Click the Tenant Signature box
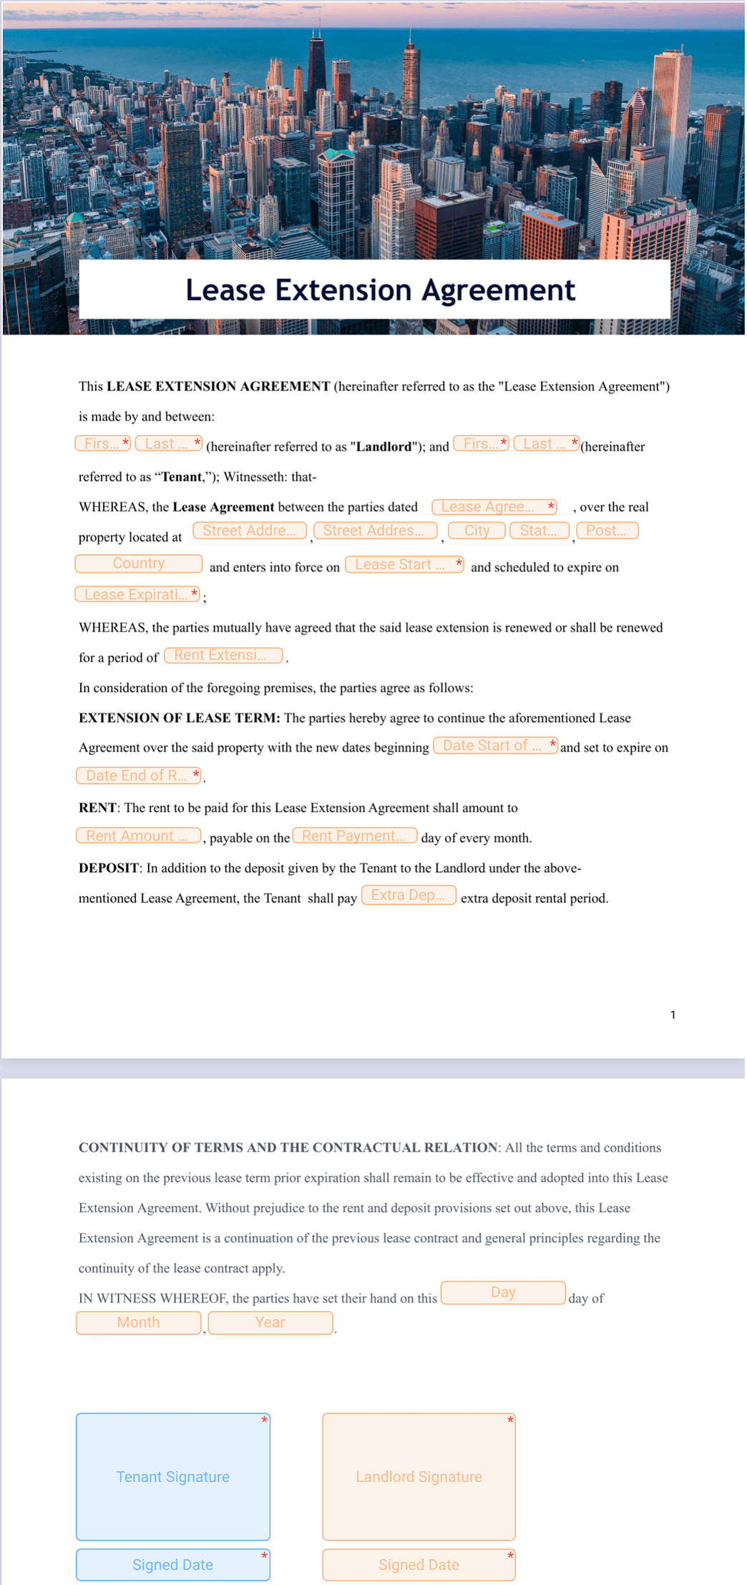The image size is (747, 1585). coord(173,1476)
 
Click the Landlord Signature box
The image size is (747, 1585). coord(419,1476)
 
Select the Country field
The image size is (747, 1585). coord(138,564)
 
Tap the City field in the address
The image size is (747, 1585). coord(477,531)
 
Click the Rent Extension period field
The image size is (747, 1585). coord(223,655)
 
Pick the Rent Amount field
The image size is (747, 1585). coord(138,836)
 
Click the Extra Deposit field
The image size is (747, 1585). coord(409,895)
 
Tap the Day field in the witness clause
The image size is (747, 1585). coord(503,1292)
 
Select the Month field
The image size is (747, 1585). coord(138,1323)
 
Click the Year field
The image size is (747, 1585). coord(270,1323)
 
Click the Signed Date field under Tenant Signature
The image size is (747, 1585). coord(173,1565)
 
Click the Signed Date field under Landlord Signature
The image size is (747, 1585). coord(419,1565)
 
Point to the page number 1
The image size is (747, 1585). coord(673,1015)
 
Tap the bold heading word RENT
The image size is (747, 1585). coord(97,808)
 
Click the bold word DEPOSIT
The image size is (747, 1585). coord(109,868)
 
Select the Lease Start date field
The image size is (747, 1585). coord(404,565)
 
